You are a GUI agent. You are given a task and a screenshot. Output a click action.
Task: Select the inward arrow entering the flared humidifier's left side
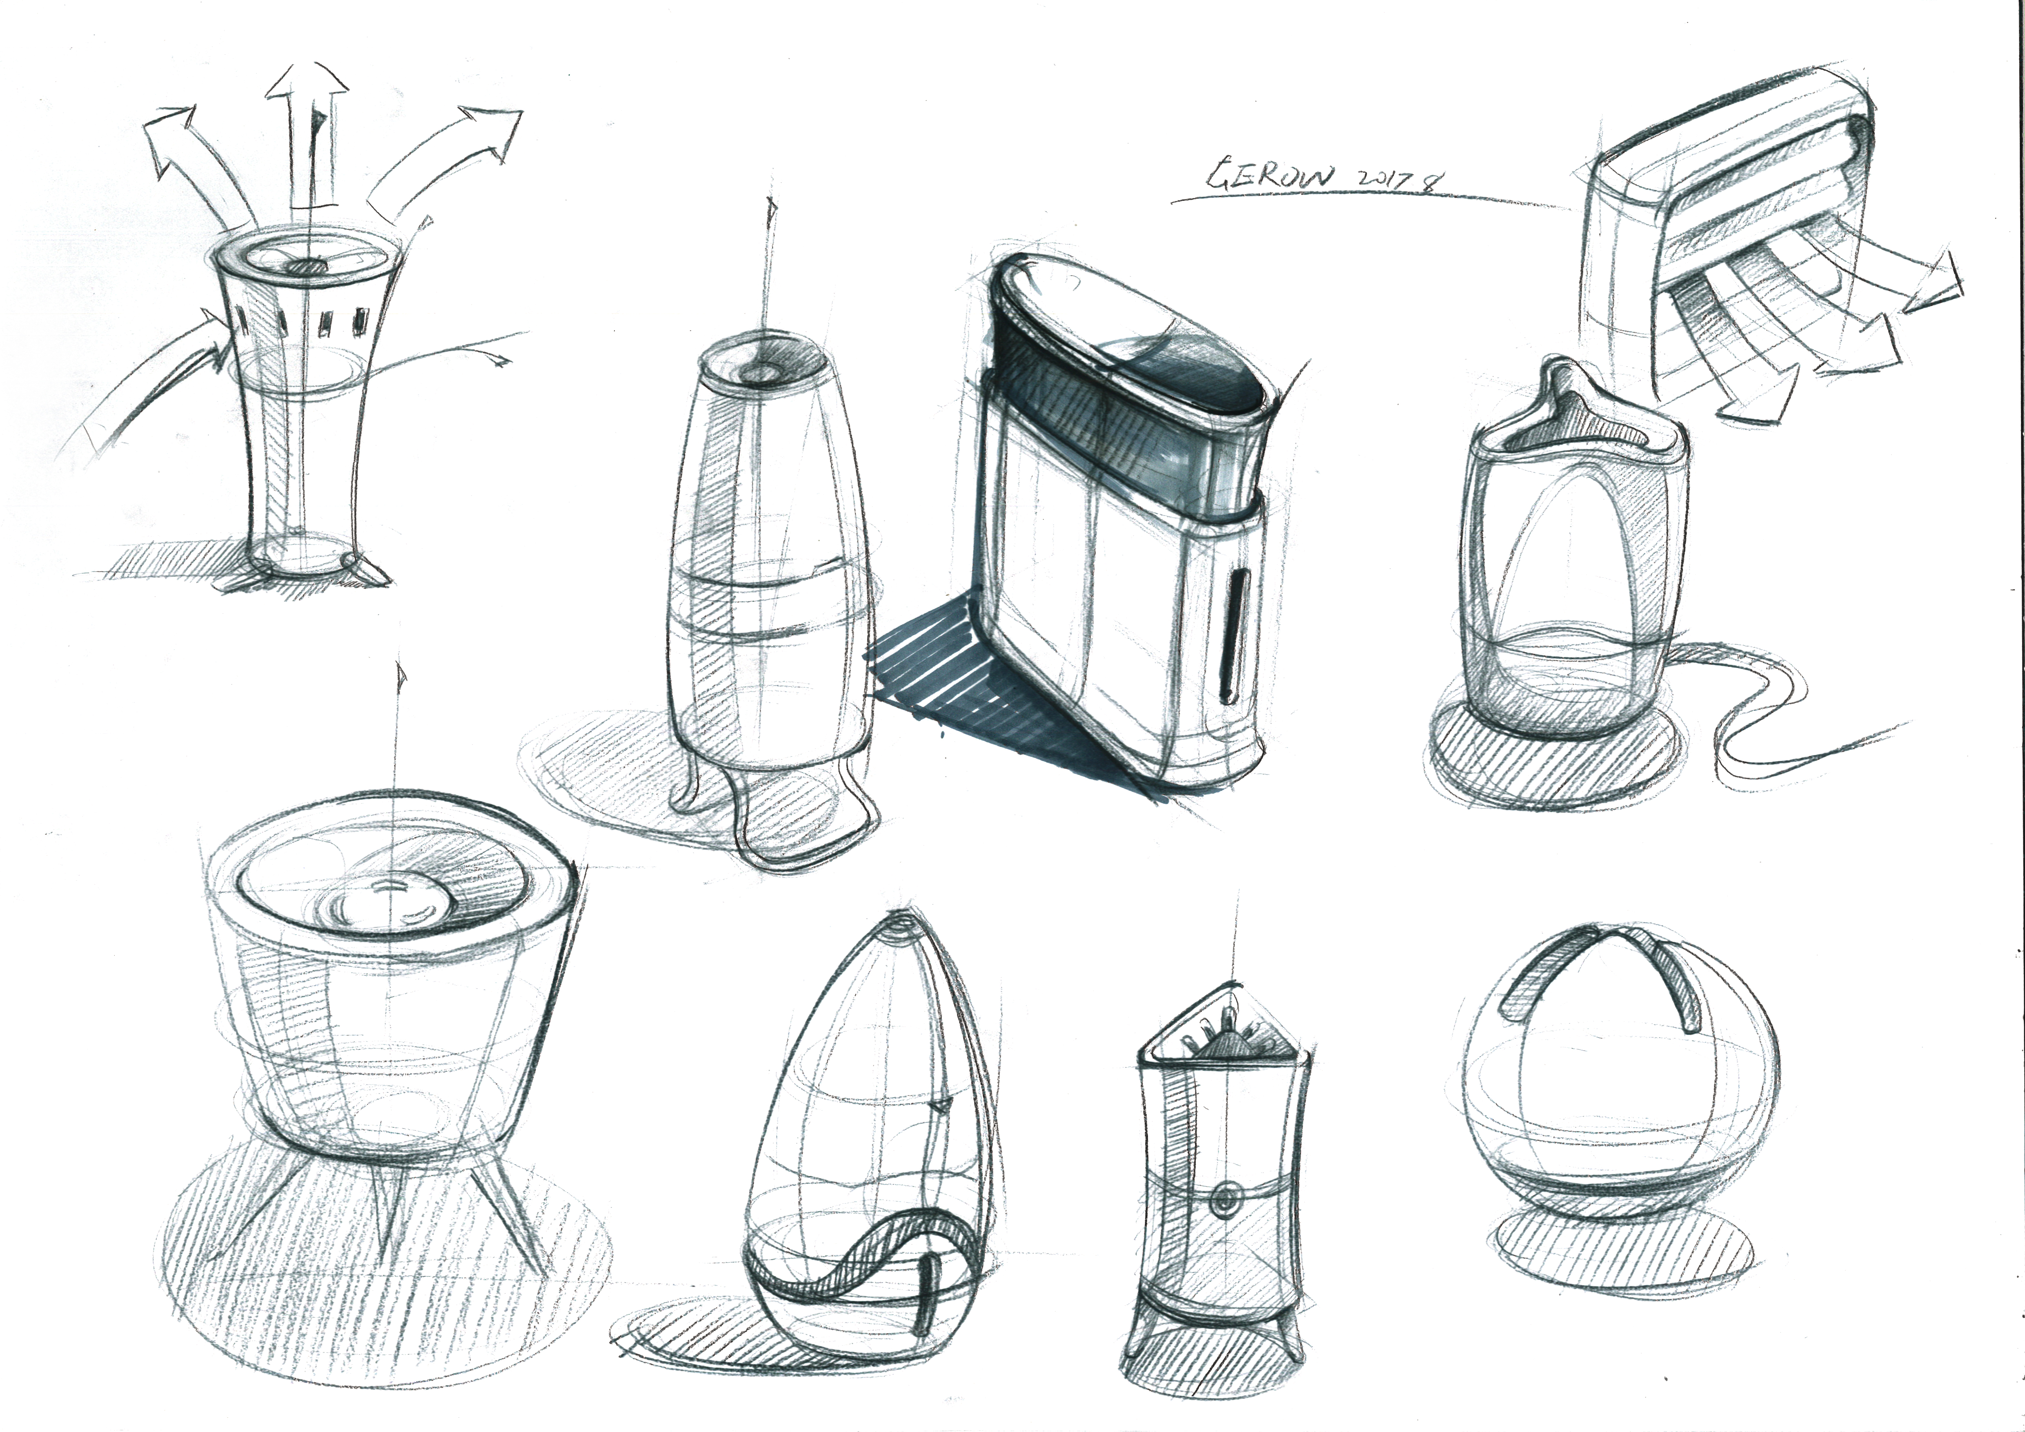[176, 371]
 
